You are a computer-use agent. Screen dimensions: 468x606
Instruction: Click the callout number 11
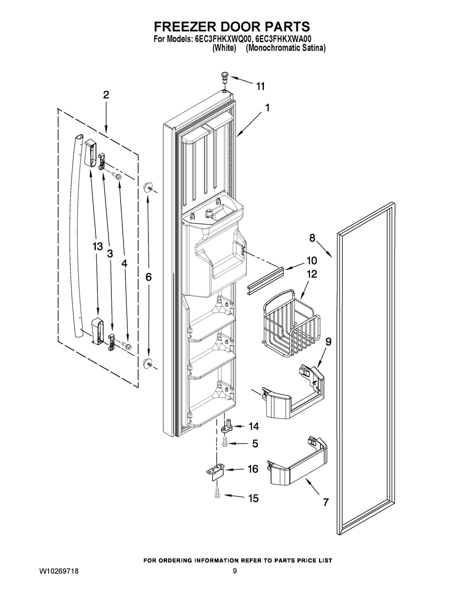click(x=260, y=87)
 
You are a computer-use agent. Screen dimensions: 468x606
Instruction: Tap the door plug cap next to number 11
click(x=224, y=76)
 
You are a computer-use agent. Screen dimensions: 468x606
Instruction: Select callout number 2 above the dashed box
click(x=106, y=95)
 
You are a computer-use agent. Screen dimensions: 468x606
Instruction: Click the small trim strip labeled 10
click(x=265, y=281)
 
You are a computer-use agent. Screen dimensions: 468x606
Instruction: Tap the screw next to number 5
click(x=225, y=444)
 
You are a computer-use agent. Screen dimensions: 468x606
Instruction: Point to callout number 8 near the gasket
click(x=312, y=237)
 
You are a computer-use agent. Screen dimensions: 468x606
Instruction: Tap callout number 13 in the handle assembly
click(x=98, y=246)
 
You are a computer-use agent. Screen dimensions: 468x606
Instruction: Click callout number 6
click(x=148, y=277)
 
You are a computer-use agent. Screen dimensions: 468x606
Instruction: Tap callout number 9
click(x=329, y=341)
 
